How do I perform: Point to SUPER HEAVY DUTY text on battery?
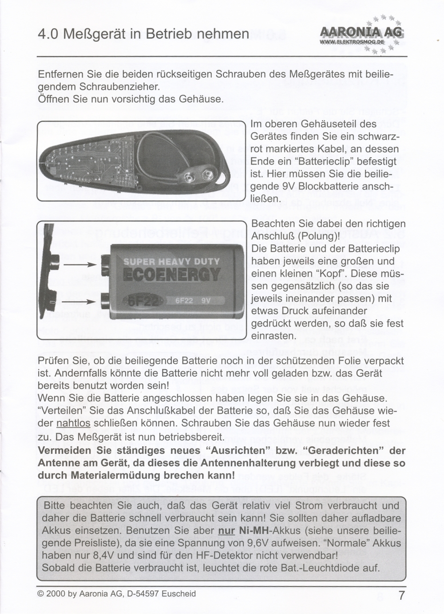click(171, 262)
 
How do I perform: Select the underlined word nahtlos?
click(74, 423)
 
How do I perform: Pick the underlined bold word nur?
click(226, 531)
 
